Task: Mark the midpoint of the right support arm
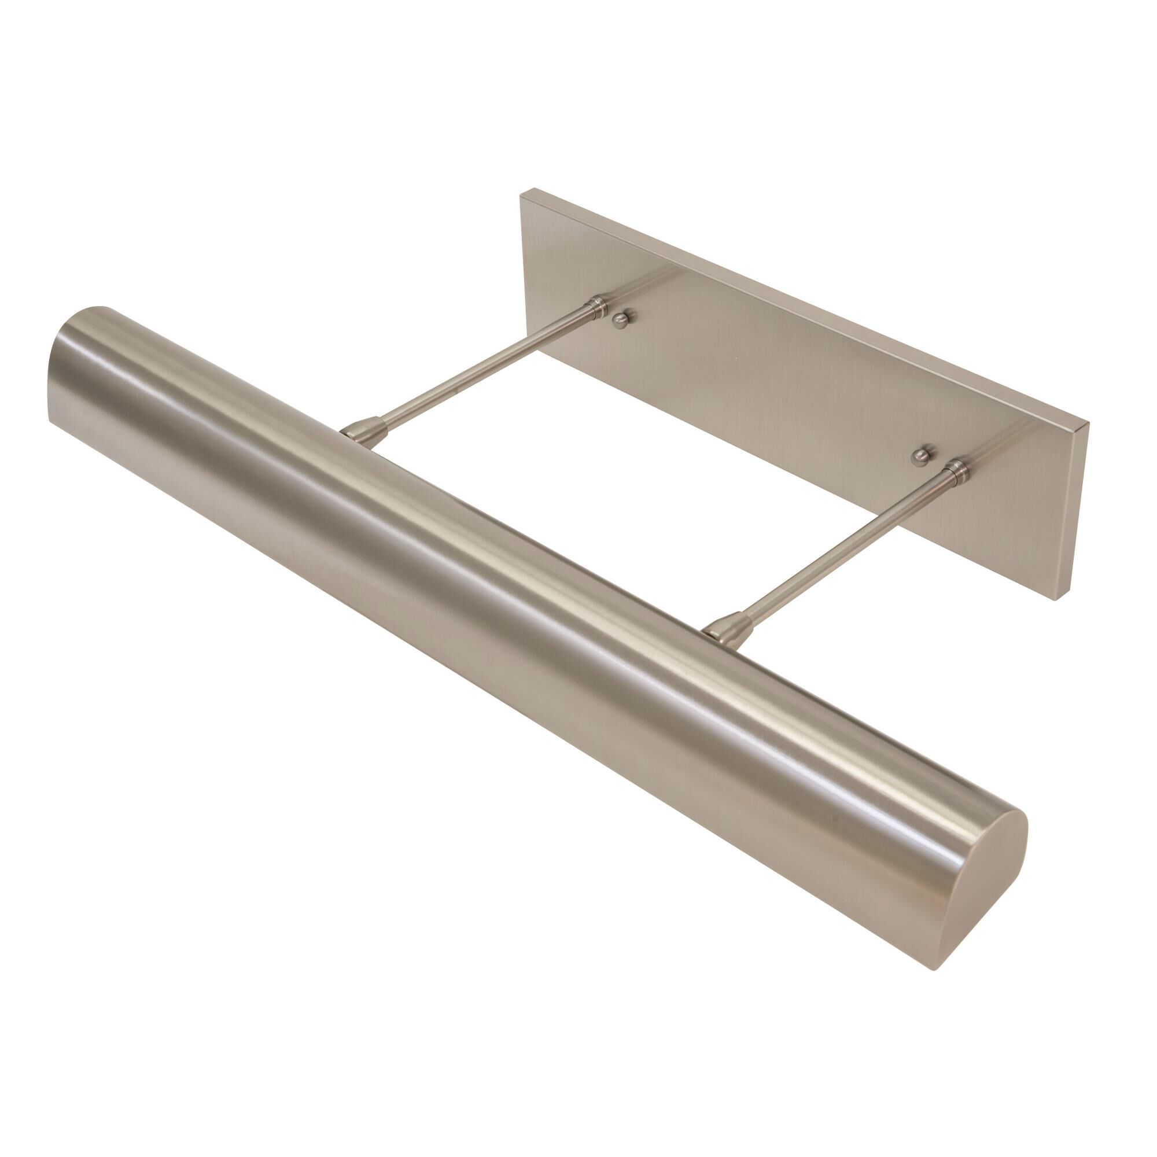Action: point(845,551)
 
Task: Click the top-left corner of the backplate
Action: point(521,190)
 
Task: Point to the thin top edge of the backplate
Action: point(802,311)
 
